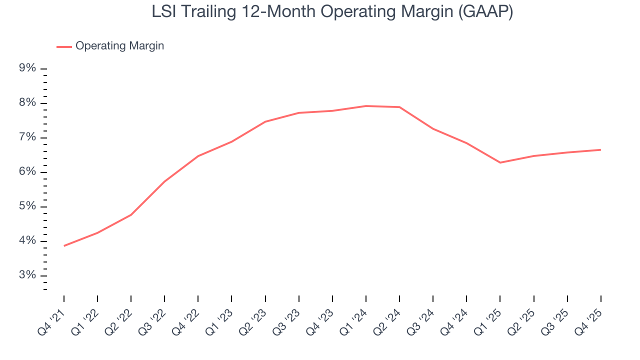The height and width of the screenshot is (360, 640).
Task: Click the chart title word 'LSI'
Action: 164,12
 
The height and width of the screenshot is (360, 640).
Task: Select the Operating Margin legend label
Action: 119,46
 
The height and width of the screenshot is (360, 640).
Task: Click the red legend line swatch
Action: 64,46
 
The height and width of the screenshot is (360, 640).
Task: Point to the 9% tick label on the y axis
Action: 28,68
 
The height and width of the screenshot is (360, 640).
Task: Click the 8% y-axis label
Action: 28,103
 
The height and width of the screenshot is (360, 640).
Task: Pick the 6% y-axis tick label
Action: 28,172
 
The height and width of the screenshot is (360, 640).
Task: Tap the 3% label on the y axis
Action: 28,275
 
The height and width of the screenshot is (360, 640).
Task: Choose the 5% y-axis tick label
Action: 28,206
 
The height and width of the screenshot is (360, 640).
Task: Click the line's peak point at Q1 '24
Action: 366,106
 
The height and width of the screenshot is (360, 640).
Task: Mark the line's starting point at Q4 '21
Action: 64,246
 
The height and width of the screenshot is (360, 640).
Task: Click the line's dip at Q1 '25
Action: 500,162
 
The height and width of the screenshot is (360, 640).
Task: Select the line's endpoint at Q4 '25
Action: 600,149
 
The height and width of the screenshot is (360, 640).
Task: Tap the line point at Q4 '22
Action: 198,156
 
